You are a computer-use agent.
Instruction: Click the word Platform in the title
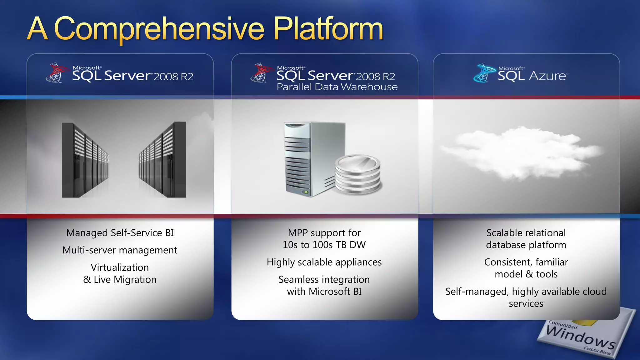pos(328,29)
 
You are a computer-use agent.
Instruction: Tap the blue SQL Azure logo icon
pos(484,74)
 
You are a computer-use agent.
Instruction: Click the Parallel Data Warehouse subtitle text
pos(337,87)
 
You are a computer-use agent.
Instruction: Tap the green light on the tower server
pos(306,192)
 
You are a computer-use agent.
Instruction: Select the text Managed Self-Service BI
pos(120,233)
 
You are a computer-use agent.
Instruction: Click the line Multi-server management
pos(120,250)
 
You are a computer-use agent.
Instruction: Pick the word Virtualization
pos(120,267)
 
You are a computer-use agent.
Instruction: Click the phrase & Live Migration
pos(120,279)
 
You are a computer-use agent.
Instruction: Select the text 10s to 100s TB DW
pos(324,245)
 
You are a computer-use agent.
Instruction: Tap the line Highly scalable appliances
pos(324,262)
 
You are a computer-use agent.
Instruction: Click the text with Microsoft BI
pos(324,292)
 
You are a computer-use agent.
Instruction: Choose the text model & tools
pos(526,274)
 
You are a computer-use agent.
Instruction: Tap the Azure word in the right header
pos(547,76)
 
